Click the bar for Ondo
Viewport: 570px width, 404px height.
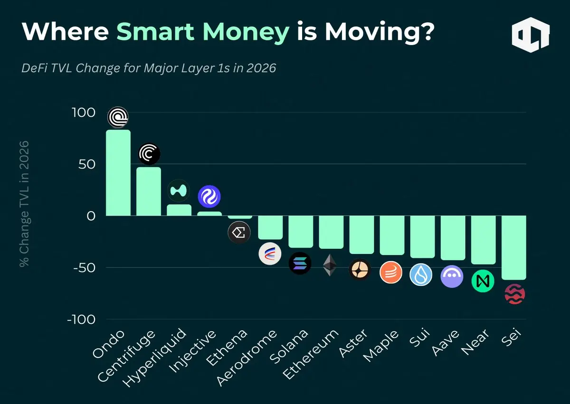tap(118, 173)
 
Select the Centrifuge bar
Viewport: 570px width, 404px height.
tap(149, 191)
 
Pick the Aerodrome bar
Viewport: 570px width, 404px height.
tap(270, 227)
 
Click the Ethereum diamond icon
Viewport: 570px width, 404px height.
tap(330, 265)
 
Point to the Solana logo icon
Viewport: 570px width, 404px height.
tap(300, 263)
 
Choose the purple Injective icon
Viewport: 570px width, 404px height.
tap(209, 197)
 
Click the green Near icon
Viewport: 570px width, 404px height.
tap(483, 281)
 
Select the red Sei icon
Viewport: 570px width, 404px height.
tap(514, 294)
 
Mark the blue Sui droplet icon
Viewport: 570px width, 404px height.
tap(421, 274)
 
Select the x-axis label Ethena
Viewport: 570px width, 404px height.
tap(233, 347)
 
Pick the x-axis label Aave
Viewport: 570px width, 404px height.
tap(447, 343)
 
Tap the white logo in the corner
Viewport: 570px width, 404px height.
tap(531, 35)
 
